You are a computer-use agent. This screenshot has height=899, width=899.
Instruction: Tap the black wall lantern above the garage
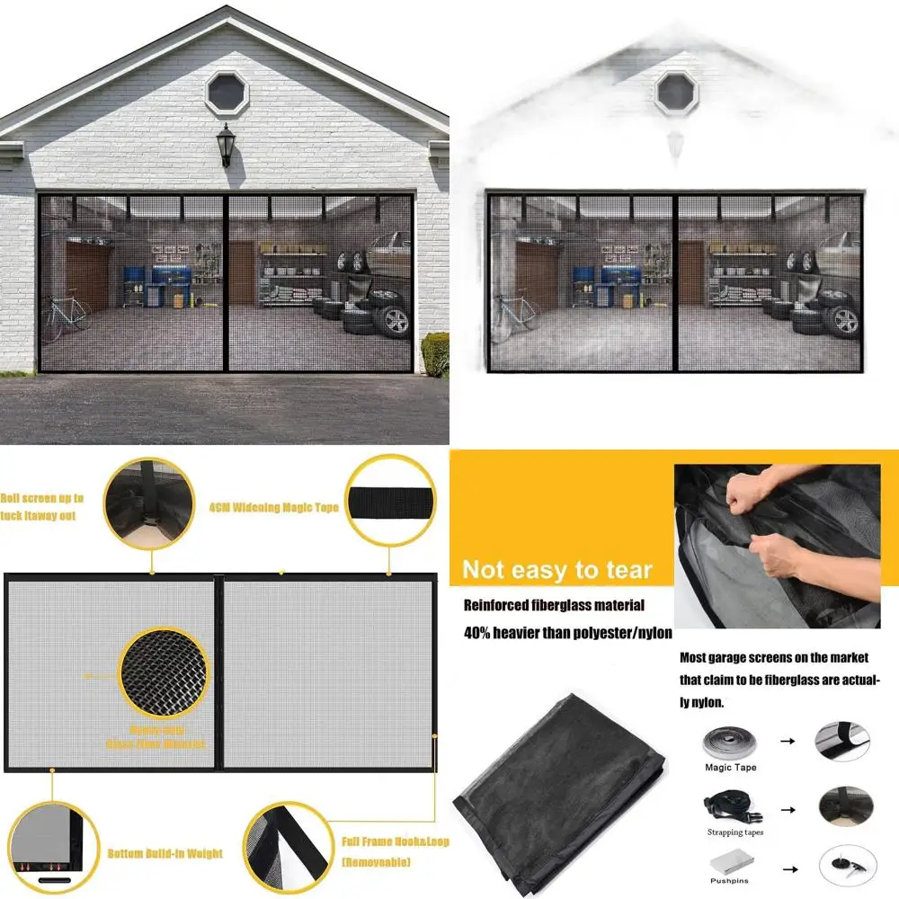[226, 145]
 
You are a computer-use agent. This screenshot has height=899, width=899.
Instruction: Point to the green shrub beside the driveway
[436, 353]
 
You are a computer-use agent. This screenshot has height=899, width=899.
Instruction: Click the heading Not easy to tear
[556, 569]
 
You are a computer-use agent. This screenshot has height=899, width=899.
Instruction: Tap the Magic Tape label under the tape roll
[731, 768]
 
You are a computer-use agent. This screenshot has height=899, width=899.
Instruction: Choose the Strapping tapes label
[734, 832]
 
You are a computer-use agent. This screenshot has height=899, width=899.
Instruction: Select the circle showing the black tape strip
[391, 498]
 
